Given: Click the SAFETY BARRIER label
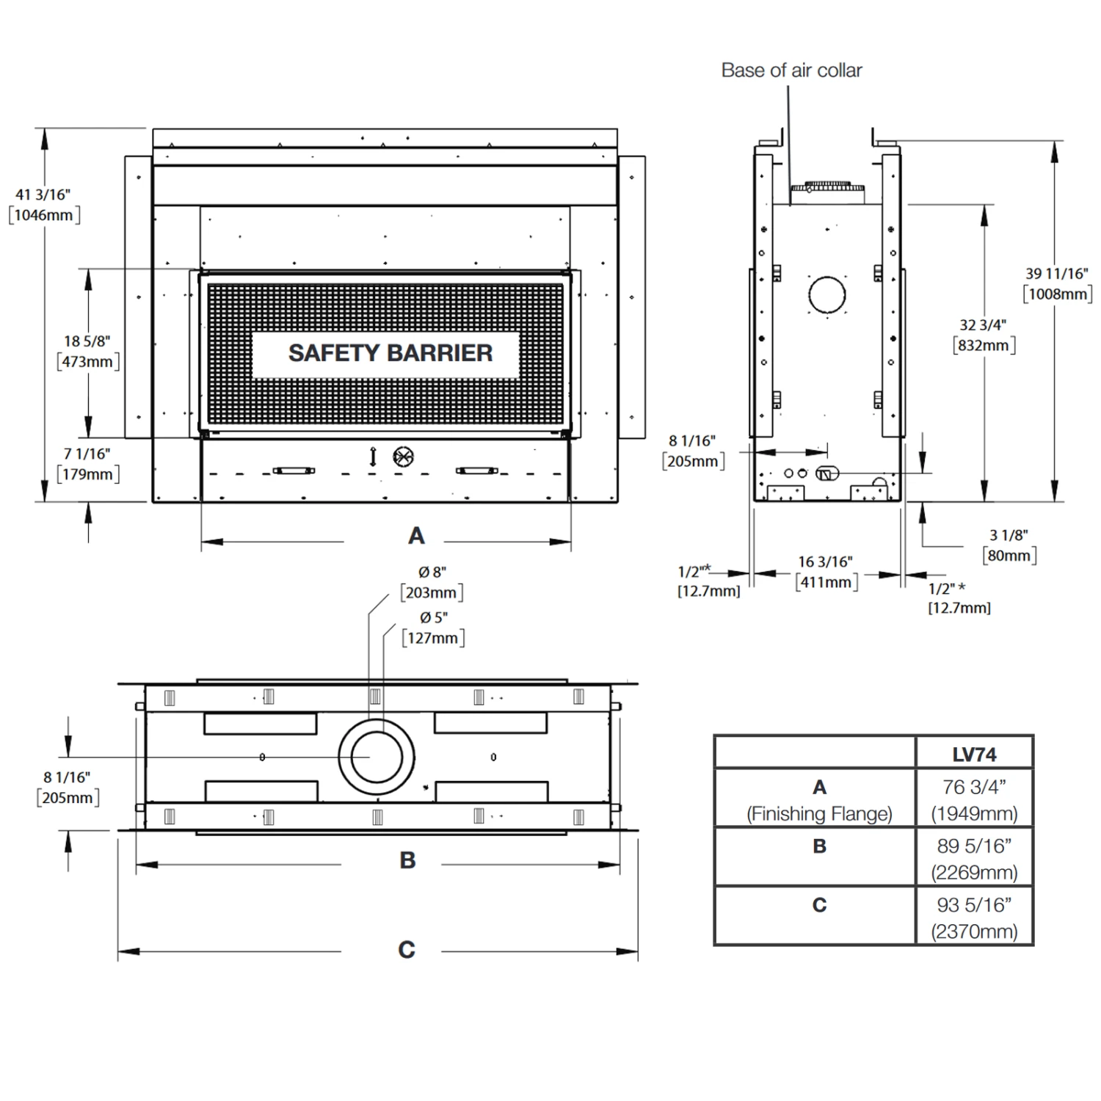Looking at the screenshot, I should (x=390, y=353).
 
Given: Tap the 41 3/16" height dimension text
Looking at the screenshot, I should (x=43, y=195).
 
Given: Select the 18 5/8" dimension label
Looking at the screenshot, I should (x=87, y=341).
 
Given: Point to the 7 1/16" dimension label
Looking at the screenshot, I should (x=87, y=454).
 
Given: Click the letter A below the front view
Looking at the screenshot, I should (x=416, y=536).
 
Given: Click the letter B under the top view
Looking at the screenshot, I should (x=407, y=860).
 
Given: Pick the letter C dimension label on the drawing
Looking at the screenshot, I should (x=406, y=950).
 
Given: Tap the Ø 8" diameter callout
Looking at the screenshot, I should (x=432, y=573).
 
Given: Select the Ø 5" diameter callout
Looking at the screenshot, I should (x=434, y=618).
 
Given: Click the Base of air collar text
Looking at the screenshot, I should (x=791, y=70).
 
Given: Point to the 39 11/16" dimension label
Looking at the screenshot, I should (x=1057, y=274).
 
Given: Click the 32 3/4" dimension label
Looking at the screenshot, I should (x=983, y=325).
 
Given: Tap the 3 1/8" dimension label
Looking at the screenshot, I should (x=1009, y=536).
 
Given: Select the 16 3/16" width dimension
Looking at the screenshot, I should (x=826, y=562).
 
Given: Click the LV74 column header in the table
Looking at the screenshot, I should (x=975, y=754).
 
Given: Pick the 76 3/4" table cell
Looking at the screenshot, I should (x=975, y=787).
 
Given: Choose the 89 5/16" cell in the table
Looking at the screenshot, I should (x=975, y=846).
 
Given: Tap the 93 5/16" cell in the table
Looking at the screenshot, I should (x=975, y=905).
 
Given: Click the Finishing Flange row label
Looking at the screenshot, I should (x=819, y=813).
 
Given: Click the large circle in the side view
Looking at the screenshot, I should (x=827, y=295).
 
